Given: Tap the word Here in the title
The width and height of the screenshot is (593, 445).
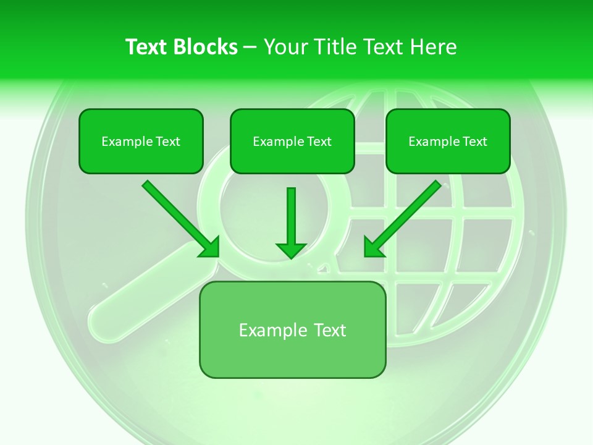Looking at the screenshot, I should pos(434,47).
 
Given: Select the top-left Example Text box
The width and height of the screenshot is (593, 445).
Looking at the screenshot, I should pos(141,142).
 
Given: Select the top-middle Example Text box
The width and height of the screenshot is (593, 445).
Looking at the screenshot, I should pos(292,142).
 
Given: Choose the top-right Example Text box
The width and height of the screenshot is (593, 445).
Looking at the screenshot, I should pos(448,142).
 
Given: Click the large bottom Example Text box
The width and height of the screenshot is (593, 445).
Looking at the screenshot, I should pos(292,330).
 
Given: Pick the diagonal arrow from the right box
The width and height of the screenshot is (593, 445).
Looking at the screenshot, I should pos(405,216).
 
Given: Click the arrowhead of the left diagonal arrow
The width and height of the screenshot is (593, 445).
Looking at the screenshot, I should pos(210,248).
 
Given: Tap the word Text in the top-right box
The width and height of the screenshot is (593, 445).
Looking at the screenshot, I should pos(474,142).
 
